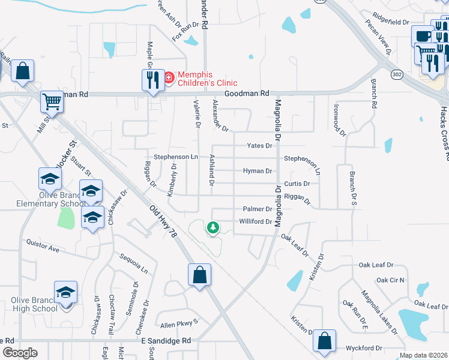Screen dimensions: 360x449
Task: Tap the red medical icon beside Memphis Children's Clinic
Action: pos(169,77)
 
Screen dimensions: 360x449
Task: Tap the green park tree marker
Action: pos(212,227)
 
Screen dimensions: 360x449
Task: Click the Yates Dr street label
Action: pos(260,146)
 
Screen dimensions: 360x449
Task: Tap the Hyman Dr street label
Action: pos(258,171)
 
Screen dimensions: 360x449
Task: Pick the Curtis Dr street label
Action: pos(297,184)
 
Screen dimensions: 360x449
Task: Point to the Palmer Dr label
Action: pos(258,209)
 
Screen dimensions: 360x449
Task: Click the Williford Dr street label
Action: pos(256,221)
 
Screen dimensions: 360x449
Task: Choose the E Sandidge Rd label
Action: pos(166,341)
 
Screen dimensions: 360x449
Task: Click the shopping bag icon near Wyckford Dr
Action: pos(324,340)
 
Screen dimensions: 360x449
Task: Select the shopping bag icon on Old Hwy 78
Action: pos(199,275)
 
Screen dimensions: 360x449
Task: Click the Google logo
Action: pos(20,353)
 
